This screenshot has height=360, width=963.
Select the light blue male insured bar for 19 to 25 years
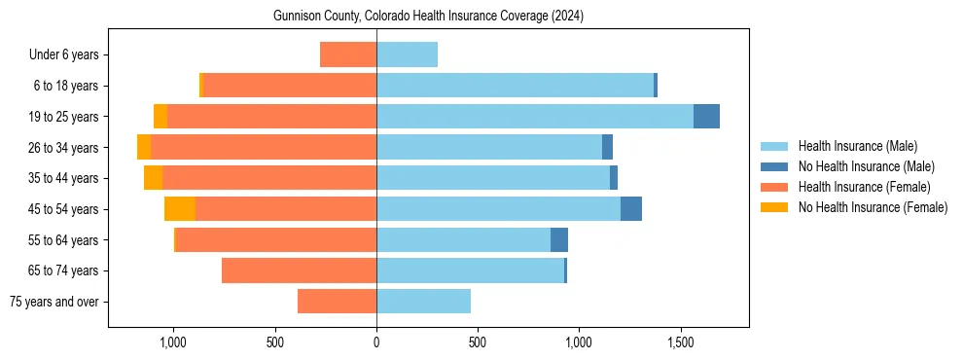tap(535, 117)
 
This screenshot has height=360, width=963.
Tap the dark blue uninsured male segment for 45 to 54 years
tap(631, 208)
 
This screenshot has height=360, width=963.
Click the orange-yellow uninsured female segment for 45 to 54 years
tap(180, 208)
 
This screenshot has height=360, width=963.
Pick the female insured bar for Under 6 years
tap(348, 55)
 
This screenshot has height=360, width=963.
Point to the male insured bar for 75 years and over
tap(423, 302)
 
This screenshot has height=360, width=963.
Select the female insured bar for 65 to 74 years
tap(299, 270)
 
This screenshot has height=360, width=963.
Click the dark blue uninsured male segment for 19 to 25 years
tap(706, 117)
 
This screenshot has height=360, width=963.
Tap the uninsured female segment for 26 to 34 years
tap(144, 147)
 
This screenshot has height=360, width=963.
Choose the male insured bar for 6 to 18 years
tap(515, 86)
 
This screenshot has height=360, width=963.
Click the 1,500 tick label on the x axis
tap(680, 343)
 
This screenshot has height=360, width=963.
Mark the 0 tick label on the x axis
tap(376, 343)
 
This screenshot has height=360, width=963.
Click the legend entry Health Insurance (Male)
tap(857, 146)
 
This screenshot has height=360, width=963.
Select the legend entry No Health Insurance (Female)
tap(873, 207)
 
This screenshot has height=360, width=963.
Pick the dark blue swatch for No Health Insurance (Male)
tap(774, 166)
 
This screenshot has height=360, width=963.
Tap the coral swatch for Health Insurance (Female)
tap(774, 187)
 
